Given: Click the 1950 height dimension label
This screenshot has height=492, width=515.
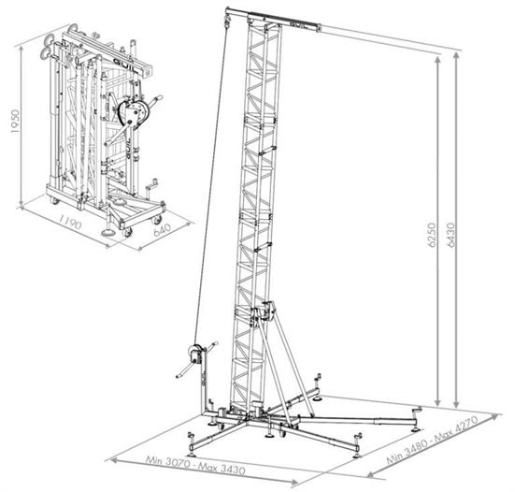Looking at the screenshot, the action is (16, 122).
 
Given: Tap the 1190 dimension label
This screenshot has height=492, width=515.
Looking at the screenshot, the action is (69, 222).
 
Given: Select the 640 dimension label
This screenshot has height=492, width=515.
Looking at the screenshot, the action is (163, 229).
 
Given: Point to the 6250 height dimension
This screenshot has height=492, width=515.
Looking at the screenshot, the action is (432, 235).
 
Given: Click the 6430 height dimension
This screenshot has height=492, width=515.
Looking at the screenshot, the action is (451, 235).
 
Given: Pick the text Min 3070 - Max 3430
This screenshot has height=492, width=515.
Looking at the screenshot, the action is (195, 464).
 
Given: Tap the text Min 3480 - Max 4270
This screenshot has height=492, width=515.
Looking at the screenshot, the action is (432, 440).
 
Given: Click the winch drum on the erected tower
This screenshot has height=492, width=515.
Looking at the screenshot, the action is (194, 354).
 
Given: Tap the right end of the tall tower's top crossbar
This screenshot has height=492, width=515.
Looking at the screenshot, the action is (319, 28).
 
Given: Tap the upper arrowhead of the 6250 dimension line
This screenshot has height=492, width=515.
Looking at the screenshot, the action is (437, 60).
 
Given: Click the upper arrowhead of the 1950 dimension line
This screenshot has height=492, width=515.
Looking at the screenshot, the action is (21, 49).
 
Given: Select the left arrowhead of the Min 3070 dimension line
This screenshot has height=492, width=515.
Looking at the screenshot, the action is (113, 460).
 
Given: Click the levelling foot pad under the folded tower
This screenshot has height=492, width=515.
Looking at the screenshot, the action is (107, 233).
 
